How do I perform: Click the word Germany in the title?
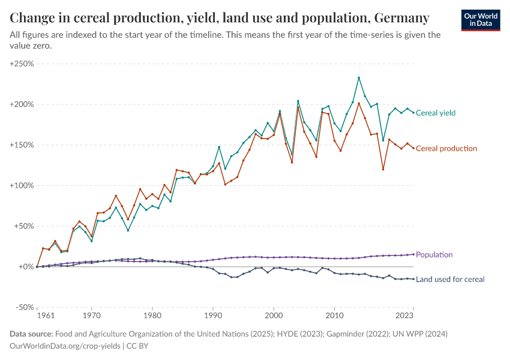pos(400,18)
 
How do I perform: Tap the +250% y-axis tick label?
pos(22,64)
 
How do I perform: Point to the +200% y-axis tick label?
pos(22,104)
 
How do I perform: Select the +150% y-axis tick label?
pos(22,145)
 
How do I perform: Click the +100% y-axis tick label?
pos(22,185)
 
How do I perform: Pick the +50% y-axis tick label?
pos(24,226)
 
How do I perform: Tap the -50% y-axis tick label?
pos(24,307)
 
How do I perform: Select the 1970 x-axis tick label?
pos(92,315)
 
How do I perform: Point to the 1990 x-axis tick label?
pos(213,315)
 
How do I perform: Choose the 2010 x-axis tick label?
pos(334,315)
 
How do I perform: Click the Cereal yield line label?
pos(436,113)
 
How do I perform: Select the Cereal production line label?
pos(446,148)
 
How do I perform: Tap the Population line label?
pos(434,254)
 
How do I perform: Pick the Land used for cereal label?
pos(450,279)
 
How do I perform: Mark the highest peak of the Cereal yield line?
pos(359,77)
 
